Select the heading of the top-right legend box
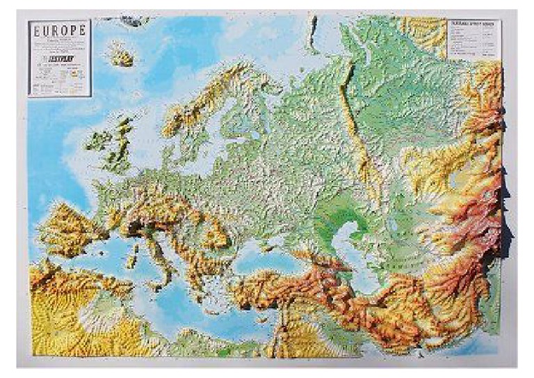point(474,23)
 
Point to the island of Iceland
point(120,54)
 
